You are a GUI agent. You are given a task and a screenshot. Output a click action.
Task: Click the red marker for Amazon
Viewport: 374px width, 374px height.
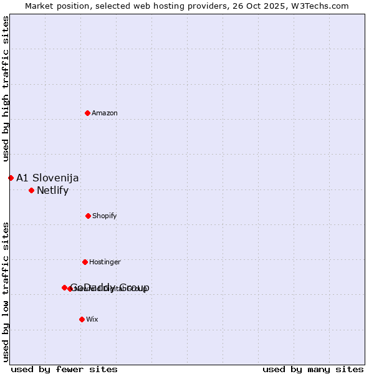pos(87,113)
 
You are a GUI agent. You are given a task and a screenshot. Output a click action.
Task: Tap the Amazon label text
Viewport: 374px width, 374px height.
pos(105,113)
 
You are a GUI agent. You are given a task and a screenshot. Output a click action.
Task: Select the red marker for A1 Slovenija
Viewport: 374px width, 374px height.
pos(11,178)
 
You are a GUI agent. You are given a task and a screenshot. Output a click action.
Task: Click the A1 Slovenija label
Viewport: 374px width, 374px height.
pos(47,178)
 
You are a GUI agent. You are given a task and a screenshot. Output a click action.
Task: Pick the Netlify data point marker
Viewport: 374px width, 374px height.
pos(31,190)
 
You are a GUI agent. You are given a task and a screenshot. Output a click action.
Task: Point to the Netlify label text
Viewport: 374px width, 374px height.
pos(52,191)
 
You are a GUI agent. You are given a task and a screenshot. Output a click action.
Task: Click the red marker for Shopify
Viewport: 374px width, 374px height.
pos(88,216)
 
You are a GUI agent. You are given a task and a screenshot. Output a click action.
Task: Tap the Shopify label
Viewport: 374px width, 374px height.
pos(105,216)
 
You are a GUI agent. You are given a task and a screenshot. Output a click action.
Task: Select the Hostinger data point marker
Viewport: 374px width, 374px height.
pos(85,262)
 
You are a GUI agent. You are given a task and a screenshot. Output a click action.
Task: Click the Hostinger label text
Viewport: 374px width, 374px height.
pos(105,262)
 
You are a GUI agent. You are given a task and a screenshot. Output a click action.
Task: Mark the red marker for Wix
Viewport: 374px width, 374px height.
pos(82,319)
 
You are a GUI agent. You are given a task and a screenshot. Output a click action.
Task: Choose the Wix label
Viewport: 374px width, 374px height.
pos(92,319)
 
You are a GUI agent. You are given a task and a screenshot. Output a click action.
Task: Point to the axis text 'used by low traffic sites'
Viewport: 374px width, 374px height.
pos(6,292)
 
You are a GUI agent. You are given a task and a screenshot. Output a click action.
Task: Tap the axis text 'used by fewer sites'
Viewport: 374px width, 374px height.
pos(64,369)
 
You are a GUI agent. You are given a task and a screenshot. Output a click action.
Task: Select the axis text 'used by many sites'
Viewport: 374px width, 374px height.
pos(313,369)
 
